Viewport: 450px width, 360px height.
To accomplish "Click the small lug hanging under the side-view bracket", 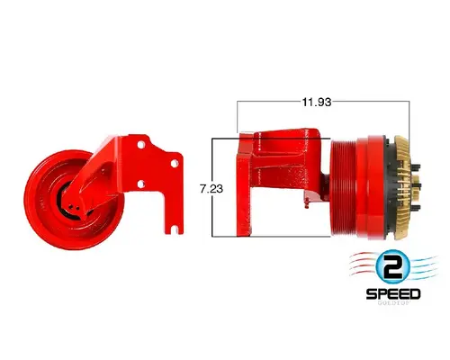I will [310, 204].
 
